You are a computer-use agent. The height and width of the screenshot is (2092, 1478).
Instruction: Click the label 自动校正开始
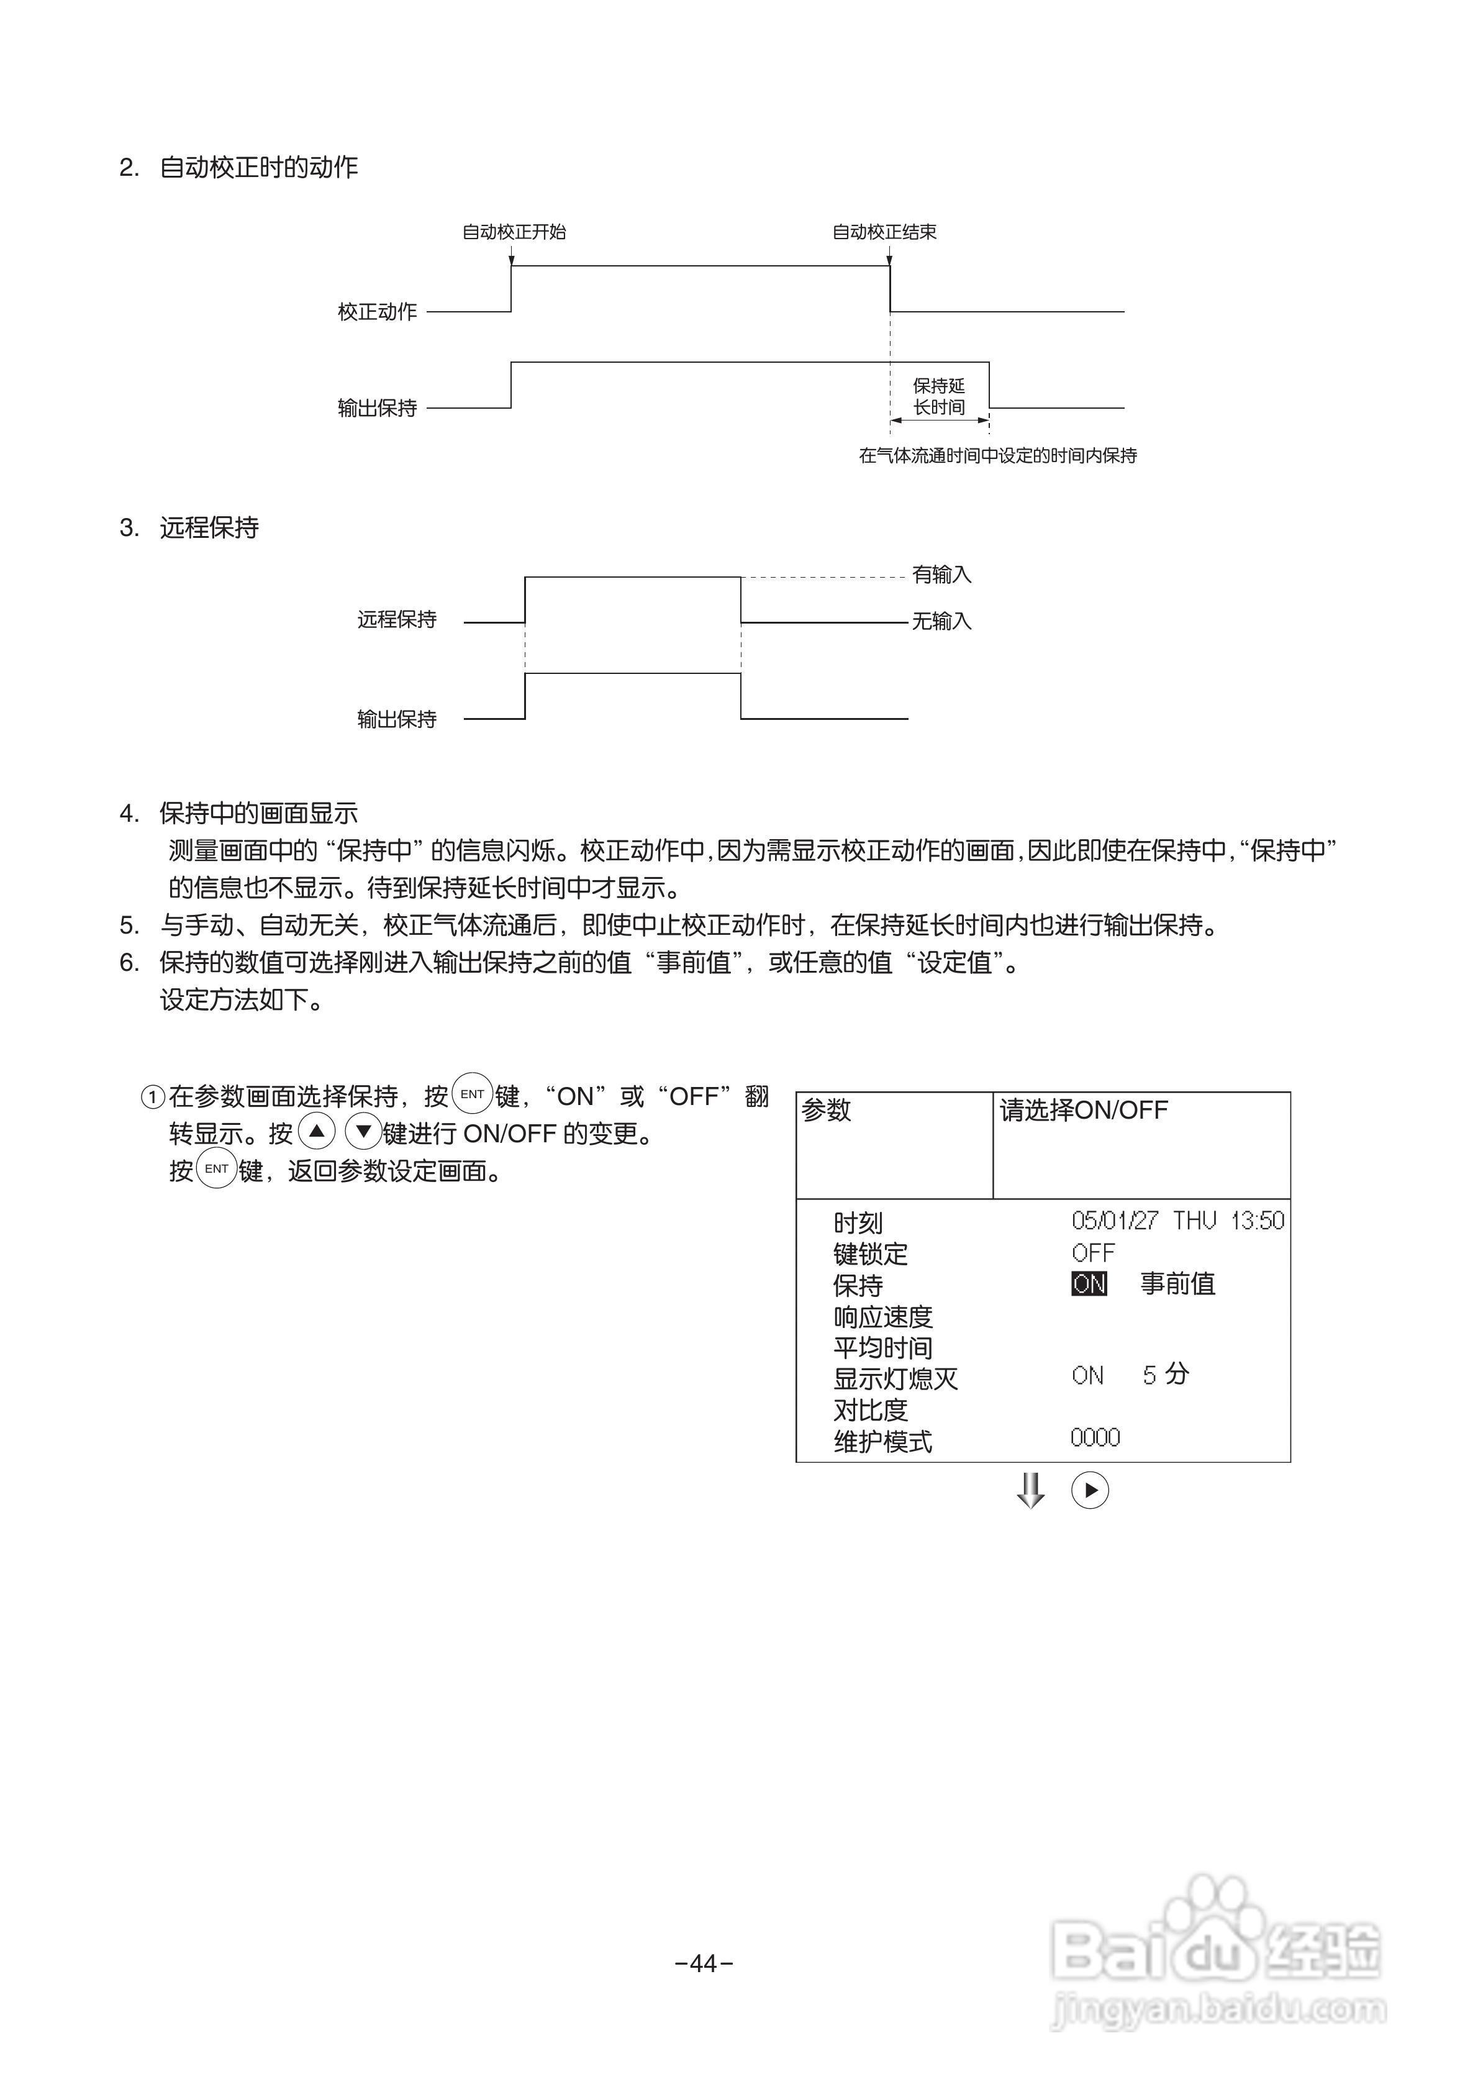click(x=514, y=232)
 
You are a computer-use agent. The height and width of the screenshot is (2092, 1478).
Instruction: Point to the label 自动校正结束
click(x=884, y=232)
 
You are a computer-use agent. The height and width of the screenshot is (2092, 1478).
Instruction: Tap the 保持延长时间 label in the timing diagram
click(x=938, y=396)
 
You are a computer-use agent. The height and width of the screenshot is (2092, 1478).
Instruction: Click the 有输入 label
click(x=941, y=575)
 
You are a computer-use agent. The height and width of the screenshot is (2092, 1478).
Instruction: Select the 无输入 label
click(x=941, y=621)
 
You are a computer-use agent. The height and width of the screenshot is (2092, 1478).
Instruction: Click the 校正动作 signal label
click(x=377, y=312)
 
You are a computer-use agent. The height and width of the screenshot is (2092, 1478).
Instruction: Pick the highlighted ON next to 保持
click(x=1089, y=1284)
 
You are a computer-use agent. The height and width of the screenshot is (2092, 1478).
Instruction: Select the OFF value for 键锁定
click(x=1092, y=1253)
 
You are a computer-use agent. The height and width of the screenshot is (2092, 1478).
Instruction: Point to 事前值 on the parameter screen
click(x=1177, y=1284)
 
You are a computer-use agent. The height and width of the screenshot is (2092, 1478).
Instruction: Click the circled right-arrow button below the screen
click(x=1090, y=1491)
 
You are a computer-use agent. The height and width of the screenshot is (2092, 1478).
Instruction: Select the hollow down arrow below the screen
click(x=1031, y=1491)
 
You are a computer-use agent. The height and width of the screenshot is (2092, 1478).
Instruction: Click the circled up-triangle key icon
click(x=316, y=1132)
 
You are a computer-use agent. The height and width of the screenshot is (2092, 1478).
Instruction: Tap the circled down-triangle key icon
click(x=363, y=1132)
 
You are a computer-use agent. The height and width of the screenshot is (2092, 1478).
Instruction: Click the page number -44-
click(x=704, y=1963)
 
